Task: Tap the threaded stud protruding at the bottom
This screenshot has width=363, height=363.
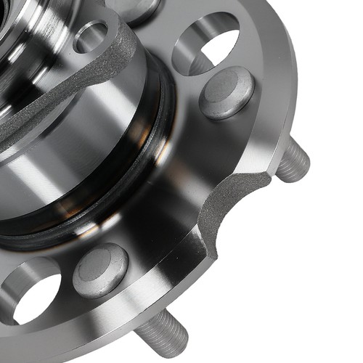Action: click(x=161, y=334)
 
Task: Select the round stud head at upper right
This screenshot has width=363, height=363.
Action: click(x=227, y=92)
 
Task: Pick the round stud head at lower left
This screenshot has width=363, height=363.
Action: click(x=100, y=270)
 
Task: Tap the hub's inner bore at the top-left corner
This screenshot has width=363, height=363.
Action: click(x=15, y=22)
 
